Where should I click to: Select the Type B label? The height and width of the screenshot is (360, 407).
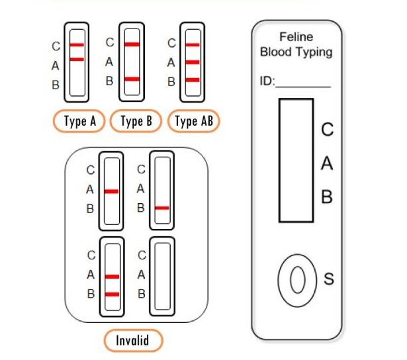[x=137, y=121]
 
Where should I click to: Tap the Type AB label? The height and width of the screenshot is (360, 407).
[x=194, y=121]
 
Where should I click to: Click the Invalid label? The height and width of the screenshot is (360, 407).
[x=133, y=341]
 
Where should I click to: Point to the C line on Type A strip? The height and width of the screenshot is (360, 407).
[x=77, y=45]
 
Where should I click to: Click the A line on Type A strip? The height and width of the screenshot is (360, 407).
[x=77, y=60]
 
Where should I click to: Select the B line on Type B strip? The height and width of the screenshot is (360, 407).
[x=132, y=79]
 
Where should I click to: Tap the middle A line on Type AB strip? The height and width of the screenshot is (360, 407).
[x=193, y=62]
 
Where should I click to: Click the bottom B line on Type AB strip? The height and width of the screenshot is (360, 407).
[x=193, y=79]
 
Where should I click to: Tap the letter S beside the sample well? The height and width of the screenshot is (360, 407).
[x=328, y=280]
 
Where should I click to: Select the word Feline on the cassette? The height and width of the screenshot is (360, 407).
[x=296, y=36]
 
